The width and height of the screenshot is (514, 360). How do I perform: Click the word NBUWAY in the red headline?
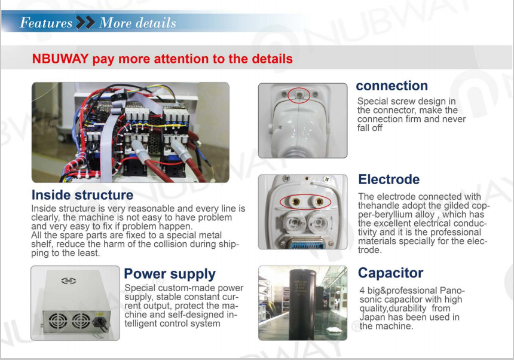[60, 59]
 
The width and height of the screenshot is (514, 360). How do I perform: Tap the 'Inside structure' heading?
[82, 195]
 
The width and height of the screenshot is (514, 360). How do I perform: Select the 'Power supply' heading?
[170, 274]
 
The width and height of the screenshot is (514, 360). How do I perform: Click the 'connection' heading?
[391, 86]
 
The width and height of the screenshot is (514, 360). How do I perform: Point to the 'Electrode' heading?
[388, 179]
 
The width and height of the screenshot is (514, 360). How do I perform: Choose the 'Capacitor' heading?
[390, 273]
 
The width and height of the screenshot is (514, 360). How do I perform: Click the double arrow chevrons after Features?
[85, 23]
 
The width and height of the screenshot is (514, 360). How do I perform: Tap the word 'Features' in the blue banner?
[46, 23]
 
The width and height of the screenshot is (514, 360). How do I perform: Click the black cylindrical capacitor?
[302, 304]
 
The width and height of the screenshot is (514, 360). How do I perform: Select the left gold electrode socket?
[296, 202]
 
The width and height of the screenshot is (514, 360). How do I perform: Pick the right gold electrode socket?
[319, 202]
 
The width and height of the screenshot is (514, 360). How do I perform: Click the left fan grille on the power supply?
[58, 321]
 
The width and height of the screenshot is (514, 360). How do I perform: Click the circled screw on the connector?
[299, 95]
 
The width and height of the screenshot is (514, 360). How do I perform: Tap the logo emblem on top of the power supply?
[69, 280]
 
